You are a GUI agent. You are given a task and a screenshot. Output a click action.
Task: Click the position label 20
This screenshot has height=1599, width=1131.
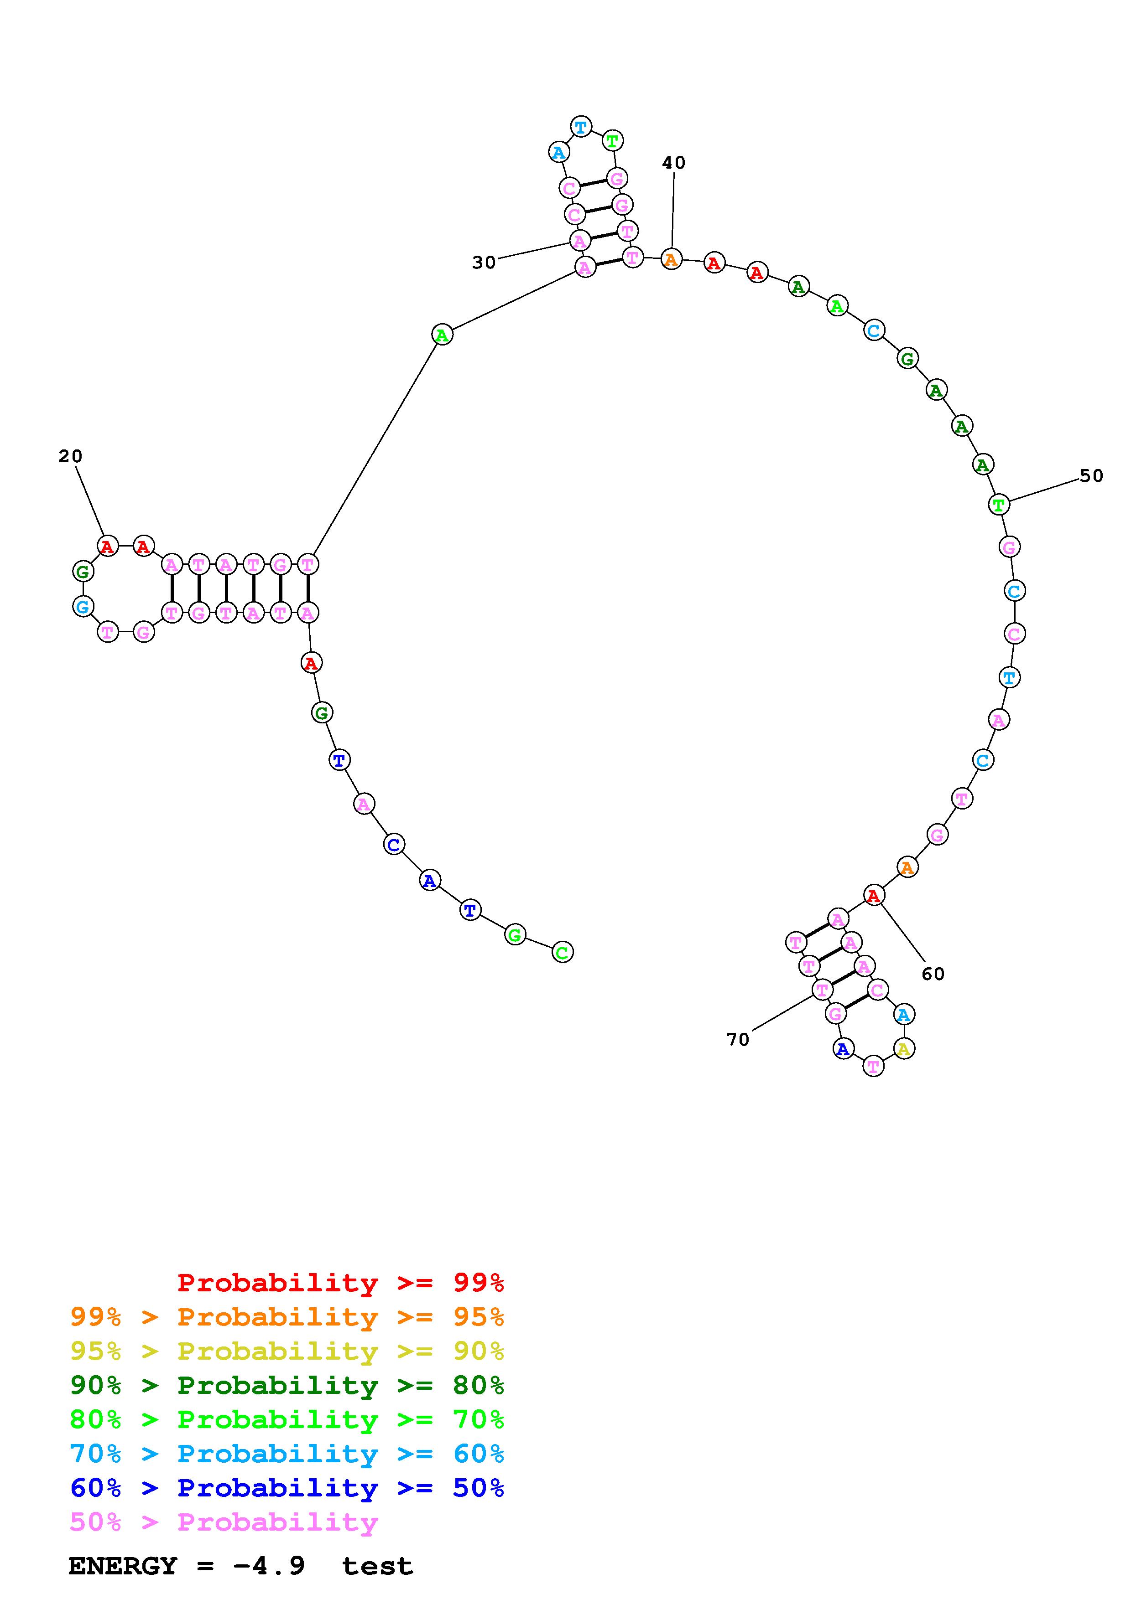70,456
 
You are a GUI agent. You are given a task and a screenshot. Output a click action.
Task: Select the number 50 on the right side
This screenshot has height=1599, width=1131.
1091,476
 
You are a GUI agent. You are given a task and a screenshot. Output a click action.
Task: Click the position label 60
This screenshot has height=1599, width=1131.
933,974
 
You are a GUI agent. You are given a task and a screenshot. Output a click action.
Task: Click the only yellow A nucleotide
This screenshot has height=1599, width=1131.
904,1048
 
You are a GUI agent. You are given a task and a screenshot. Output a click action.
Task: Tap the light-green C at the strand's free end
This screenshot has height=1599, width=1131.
563,952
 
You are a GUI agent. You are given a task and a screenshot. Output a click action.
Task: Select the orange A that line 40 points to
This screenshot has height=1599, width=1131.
671,260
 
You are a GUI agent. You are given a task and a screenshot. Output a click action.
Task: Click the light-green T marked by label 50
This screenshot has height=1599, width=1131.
999,504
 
